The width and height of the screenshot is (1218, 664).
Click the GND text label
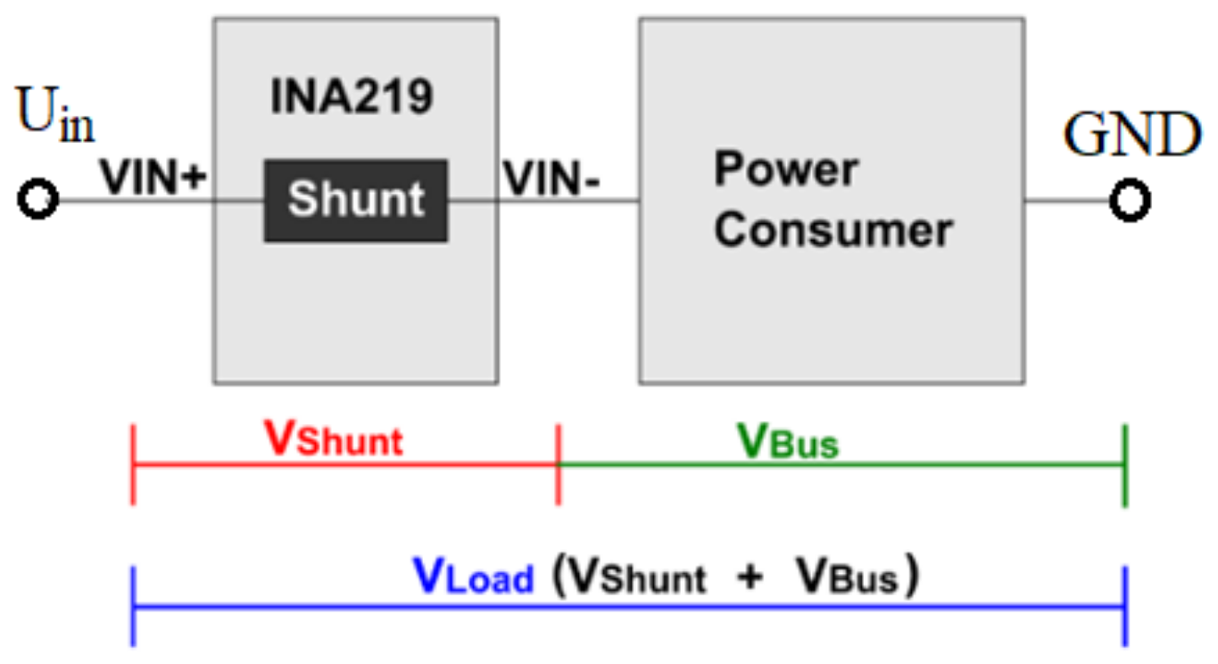pyautogui.click(x=1131, y=136)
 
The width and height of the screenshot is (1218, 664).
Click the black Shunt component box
pyautogui.click(x=355, y=201)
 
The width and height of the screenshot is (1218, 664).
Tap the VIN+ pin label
pyautogui.click(x=153, y=177)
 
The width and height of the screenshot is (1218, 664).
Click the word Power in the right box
pyautogui.click(x=786, y=170)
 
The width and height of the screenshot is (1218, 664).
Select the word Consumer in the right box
pyautogui.click(x=833, y=230)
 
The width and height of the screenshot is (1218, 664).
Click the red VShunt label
pyautogui.click(x=334, y=439)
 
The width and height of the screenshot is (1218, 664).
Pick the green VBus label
pyautogui.click(x=788, y=441)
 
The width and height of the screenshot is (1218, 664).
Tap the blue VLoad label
pyautogui.click(x=473, y=577)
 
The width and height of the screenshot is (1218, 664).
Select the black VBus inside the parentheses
pyautogui.click(x=848, y=578)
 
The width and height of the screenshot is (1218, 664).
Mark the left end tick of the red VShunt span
pyautogui.click(x=133, y=465)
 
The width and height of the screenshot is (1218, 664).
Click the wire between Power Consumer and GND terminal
pyautogui.click(x=1067, y=201)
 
